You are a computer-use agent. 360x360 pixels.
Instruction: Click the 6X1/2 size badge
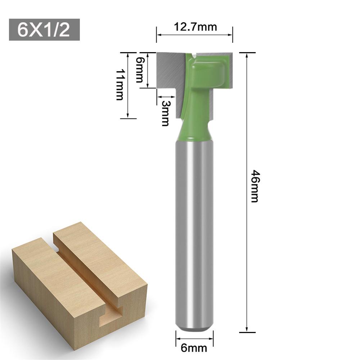(44, 30)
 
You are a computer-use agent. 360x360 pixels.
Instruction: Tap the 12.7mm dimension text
(195, 27)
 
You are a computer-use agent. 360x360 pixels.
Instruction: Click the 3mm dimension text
(165, 113)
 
